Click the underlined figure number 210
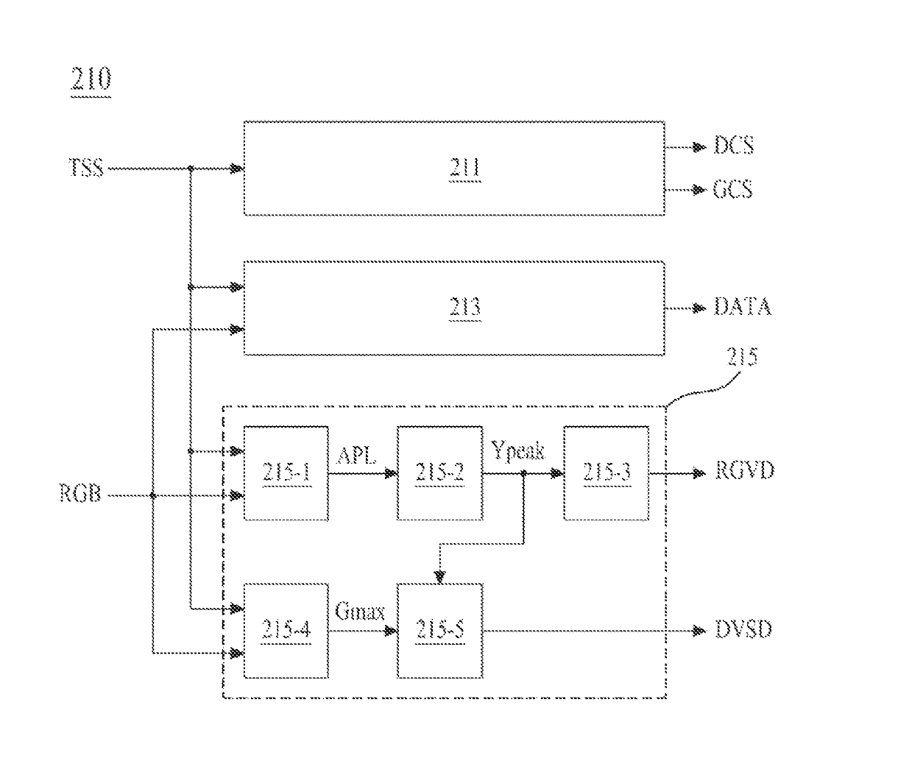pyautogui.click(x=91, y=79)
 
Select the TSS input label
pyautogui.click(x=86, y=168)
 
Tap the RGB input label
pyautogui.click(x=80, y=493)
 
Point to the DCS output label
pyautogui.click(x=734, y=145)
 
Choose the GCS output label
pyautogui.click(x=733, y=189)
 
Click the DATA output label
pyautogui.click(x=743, y=307)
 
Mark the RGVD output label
pyautogui.click(x=745, y=470)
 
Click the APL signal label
pyautogui.click(x=356, y=455)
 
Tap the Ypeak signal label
pyautogui.click(x=517, y=451)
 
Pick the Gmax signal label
pyautogui.click(x=360, y=612)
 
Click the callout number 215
pyautogui.click(x=742, y=356)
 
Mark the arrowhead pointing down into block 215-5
pyautogui.click(x=440, y=577)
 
